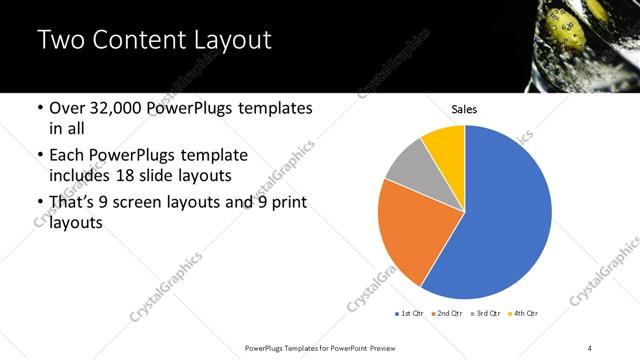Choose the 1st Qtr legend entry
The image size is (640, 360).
(410, 313)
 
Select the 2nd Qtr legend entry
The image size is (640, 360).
(447, 313)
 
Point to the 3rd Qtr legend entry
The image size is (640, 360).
(487, 313)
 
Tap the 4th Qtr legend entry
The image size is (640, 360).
(524, 313)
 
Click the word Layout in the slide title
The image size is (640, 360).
(224, 41)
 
